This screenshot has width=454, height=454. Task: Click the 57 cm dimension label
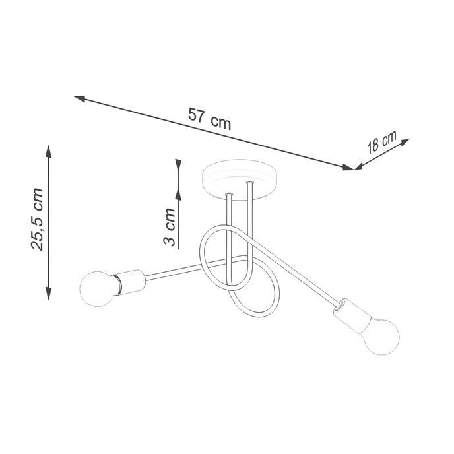[x=209, y=118]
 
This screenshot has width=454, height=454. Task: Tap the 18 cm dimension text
[x=382, y=143]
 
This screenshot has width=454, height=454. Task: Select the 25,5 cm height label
[x=38, y=220]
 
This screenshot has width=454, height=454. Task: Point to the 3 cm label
[x=170, y=227]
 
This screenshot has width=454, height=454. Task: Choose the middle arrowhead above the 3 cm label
[x=177, y=194]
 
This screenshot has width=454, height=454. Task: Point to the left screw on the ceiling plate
[x=228, y=194]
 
